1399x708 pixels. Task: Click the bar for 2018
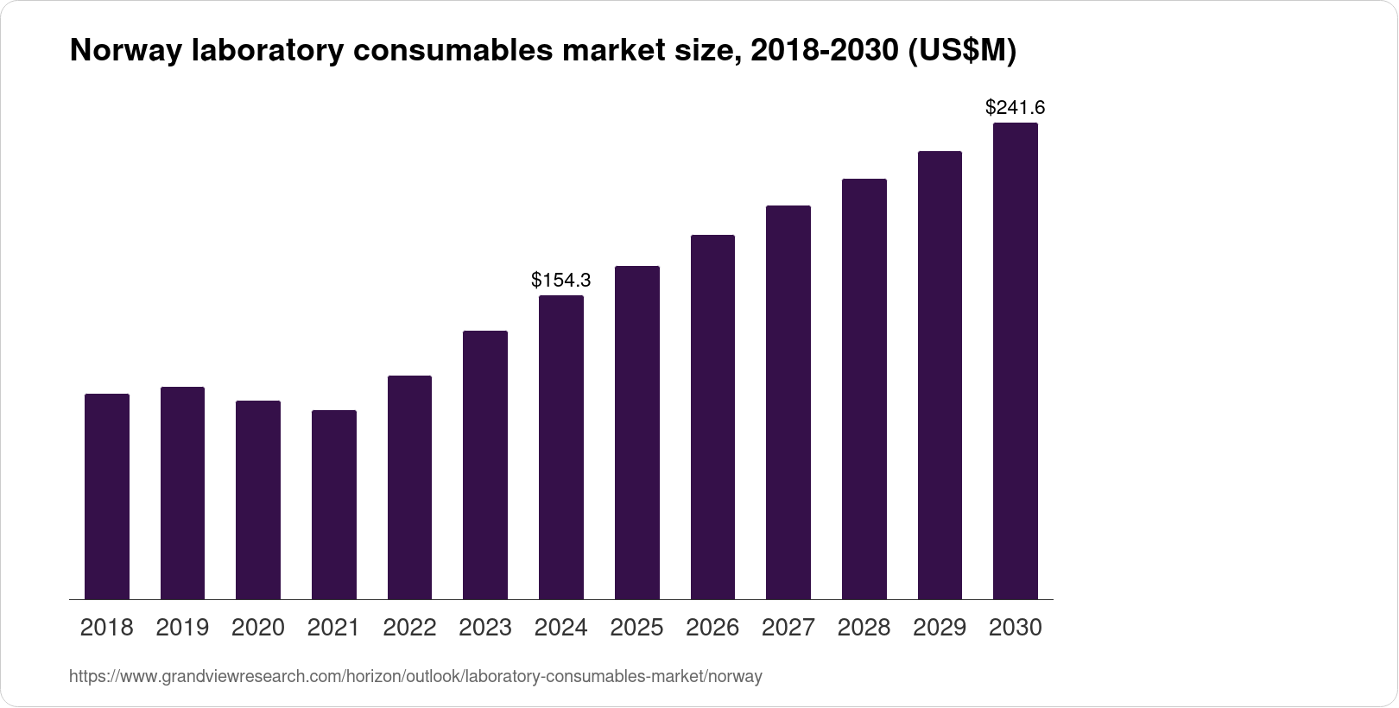107,496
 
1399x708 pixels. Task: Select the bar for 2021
334,504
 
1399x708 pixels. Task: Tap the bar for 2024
561,447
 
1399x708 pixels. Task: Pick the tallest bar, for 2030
1016,361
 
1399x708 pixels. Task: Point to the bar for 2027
788,402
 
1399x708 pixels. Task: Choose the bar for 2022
409,487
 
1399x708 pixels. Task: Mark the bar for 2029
940,375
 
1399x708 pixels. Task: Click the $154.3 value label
561,280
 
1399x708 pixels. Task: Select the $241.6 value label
1016,108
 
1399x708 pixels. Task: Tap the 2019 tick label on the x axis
182,628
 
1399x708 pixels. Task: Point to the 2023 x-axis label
485,628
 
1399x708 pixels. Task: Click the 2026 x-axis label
712,628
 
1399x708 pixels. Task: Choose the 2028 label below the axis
864,628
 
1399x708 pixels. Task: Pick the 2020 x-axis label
258,628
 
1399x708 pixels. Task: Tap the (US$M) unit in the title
960,51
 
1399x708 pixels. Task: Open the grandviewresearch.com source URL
415,677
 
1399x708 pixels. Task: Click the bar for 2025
637,433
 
